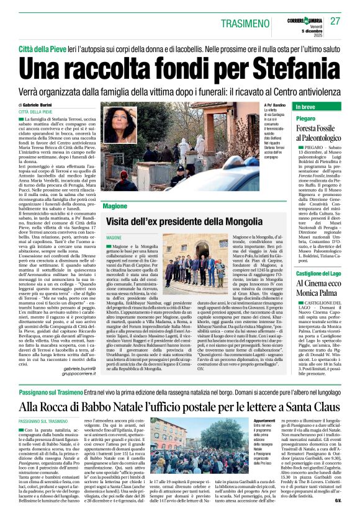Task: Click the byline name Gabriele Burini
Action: (x=42, y=105)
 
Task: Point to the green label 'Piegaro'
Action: (x=306, y=118)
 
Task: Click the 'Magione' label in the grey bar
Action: (x=115, y=206)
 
